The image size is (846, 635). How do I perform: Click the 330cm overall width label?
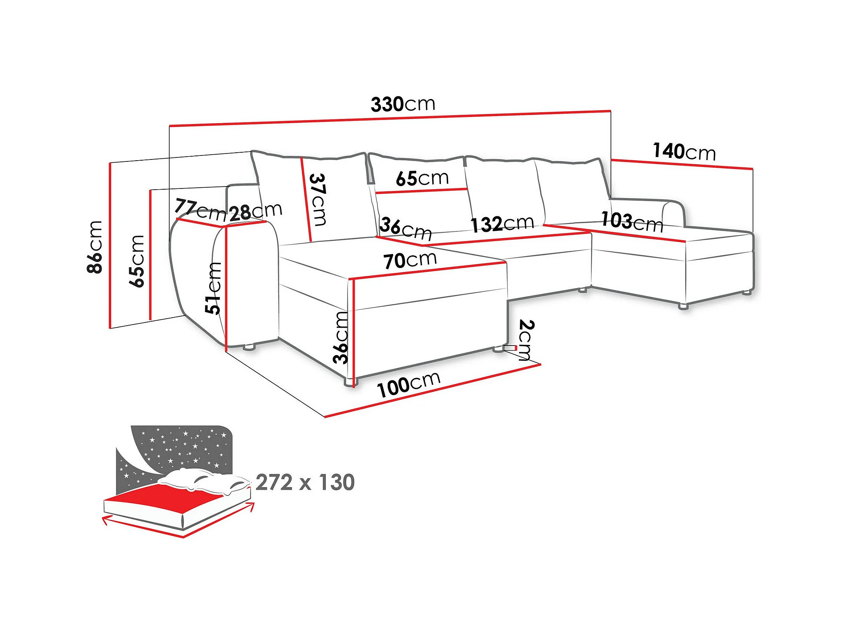click(403, 104)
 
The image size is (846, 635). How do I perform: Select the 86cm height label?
click(95, 247)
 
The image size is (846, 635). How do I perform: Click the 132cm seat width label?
click(502, 223)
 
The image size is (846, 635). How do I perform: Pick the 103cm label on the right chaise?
click(632, 221)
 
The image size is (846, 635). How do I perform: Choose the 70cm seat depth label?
click(410, 260)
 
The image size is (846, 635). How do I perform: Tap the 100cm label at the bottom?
click(408, 384)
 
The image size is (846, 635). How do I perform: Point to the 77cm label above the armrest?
click(200, 210)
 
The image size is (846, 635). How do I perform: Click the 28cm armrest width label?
click(255, 212)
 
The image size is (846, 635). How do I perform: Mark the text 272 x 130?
click(305, 482)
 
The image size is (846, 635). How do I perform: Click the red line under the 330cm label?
click(389, 118)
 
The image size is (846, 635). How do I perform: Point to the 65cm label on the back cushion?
click(422, 178)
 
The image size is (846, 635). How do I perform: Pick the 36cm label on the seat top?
click(405, 228)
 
